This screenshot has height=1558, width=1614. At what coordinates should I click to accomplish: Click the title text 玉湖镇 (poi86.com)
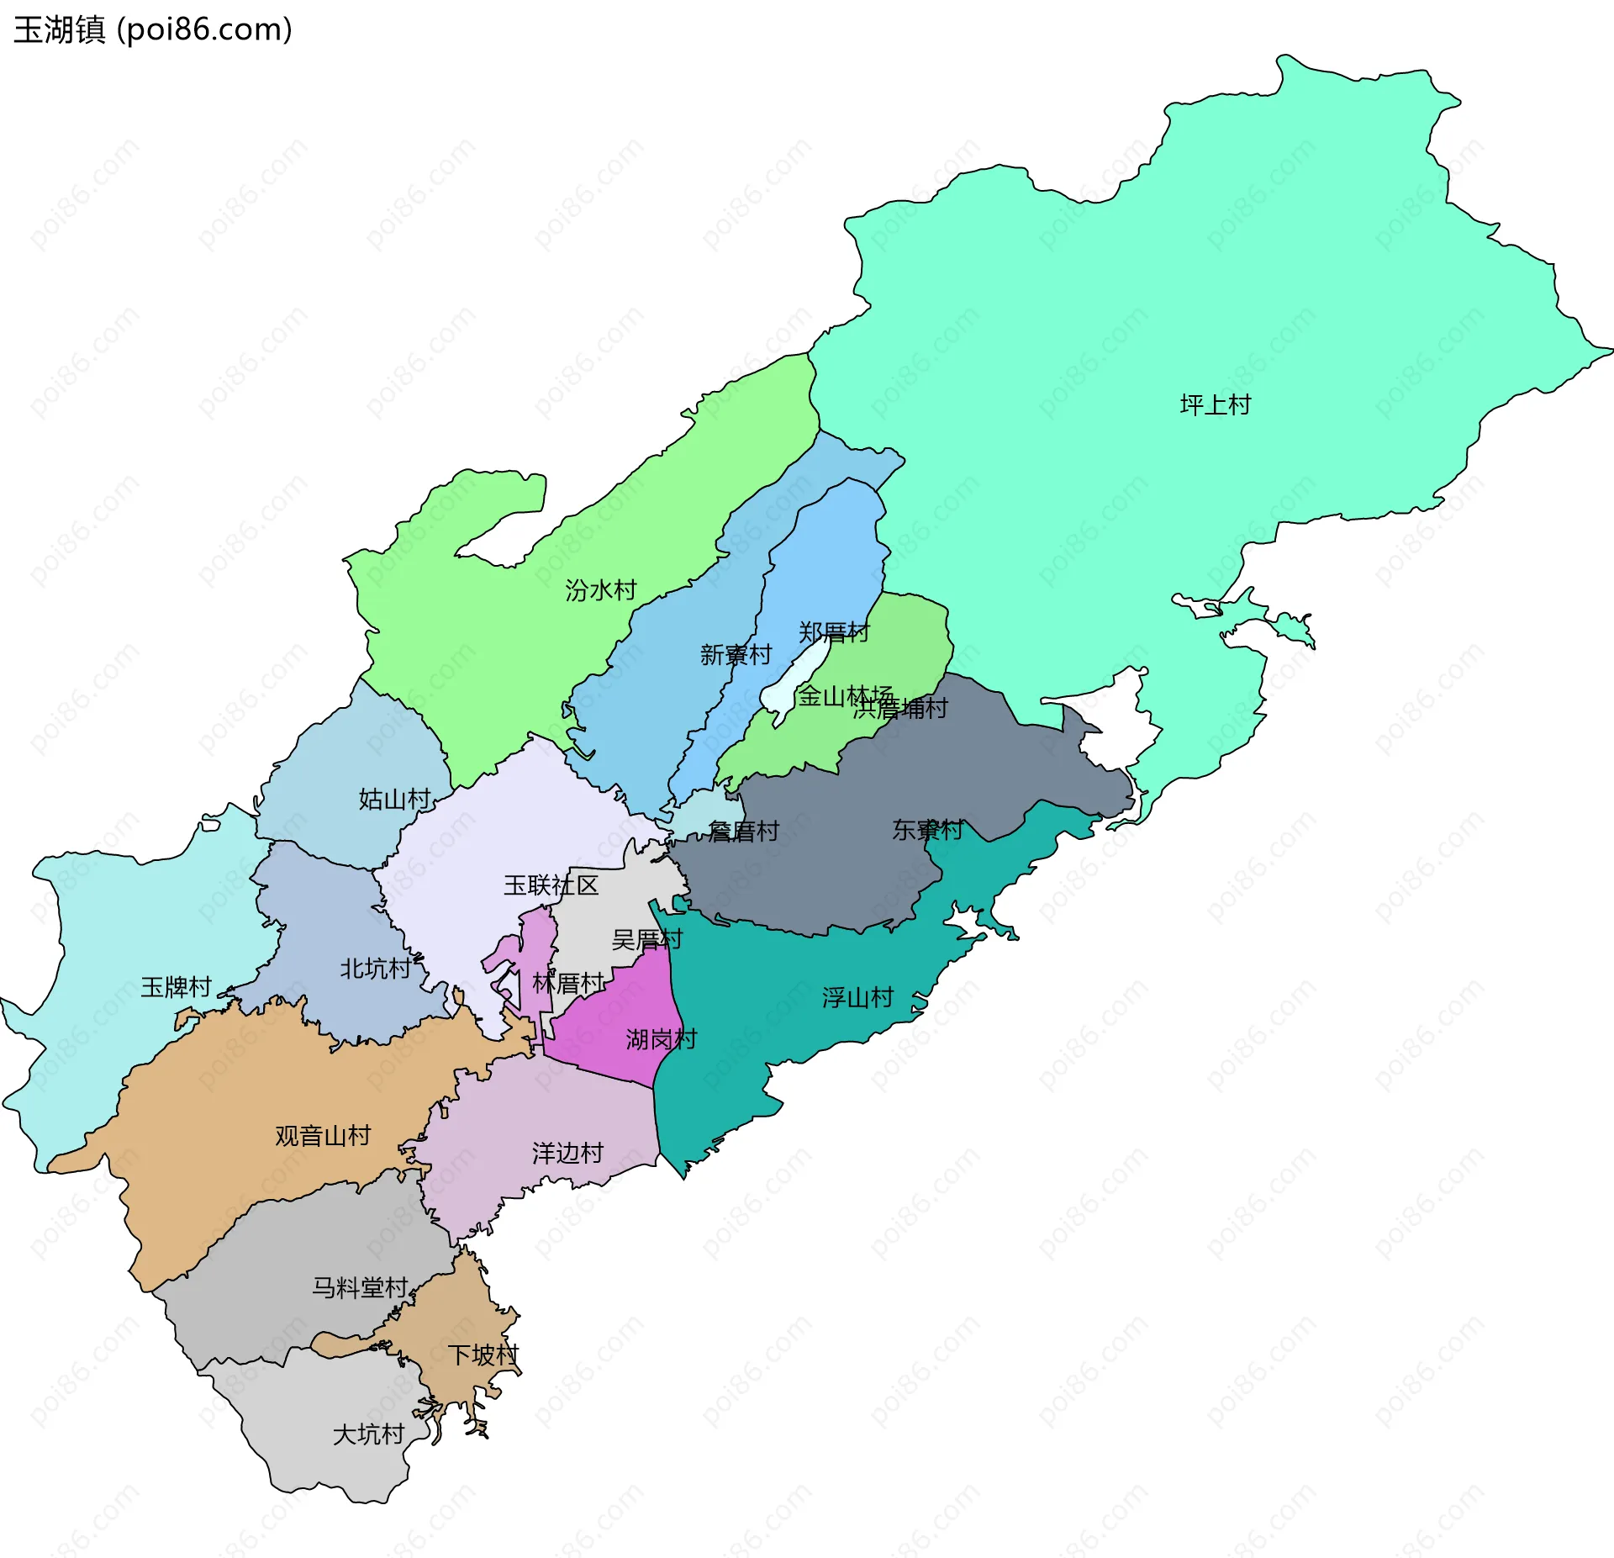(x=153, y=29)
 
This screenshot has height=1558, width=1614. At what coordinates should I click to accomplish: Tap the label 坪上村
(x=1215, y=405)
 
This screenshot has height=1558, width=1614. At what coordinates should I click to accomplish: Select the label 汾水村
(x=600, y=590)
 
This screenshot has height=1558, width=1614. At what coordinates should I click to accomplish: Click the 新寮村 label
(x=736, y=655)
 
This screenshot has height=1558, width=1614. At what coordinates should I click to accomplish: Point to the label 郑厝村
(x=833, y=632)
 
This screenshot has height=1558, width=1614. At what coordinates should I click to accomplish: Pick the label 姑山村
(x=394, y=799)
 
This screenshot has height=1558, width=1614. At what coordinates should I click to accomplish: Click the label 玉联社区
(x=551, y=885)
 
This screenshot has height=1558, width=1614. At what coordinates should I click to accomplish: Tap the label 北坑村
(x=375, y=969)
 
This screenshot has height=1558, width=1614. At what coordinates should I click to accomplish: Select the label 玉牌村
(x=176, y=987)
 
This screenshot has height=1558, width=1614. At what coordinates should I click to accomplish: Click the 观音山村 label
(x=323, y=1136)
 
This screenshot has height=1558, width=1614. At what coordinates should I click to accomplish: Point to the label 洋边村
(x=567, y=1154)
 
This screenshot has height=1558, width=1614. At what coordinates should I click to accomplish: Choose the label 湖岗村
(x=661, y=1040)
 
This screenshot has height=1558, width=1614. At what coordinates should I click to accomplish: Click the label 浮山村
(x=857, y=998)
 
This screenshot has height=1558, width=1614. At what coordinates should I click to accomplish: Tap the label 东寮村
(x=927, y=830)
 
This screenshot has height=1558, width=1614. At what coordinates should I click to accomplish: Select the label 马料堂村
(x=360, y=1287)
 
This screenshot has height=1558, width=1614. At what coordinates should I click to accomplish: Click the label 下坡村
(x=483, y=1355)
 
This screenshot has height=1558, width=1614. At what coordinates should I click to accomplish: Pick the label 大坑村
(x=368, y=1434)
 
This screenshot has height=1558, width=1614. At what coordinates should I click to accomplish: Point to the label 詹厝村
(x=743, y=832)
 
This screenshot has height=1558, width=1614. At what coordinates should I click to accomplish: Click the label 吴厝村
(x=646, y=939)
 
